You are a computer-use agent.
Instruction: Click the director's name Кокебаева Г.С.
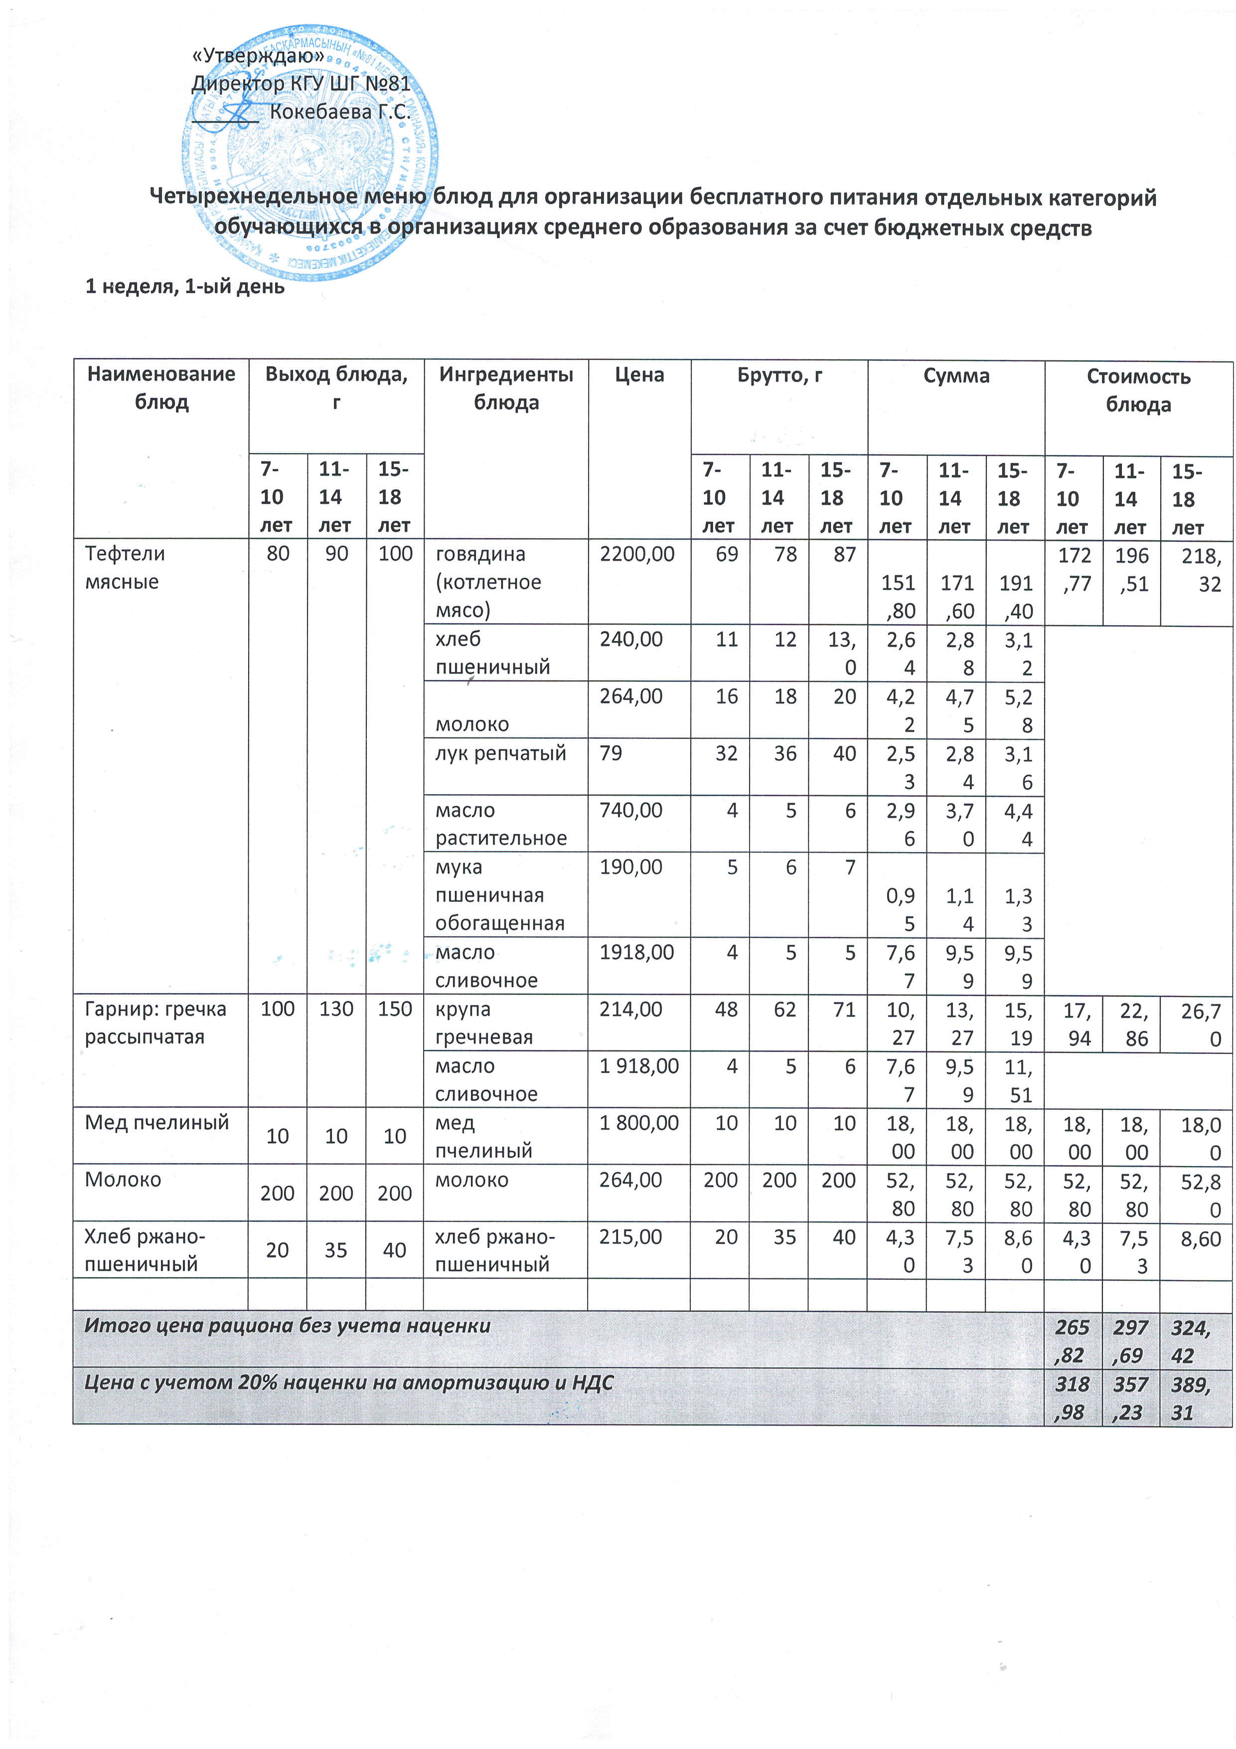pos(340,112)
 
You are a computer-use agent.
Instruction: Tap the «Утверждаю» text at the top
pos(259,56)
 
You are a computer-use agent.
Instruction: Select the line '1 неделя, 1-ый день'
pos(184,286)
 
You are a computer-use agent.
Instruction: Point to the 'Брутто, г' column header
pos(778,375)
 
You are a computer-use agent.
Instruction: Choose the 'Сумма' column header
pos(956,375)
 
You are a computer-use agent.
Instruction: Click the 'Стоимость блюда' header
pos(1138,390)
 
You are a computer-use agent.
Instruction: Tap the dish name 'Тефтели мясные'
pos(125,567)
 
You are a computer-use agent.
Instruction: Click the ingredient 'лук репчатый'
pos(500,753)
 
